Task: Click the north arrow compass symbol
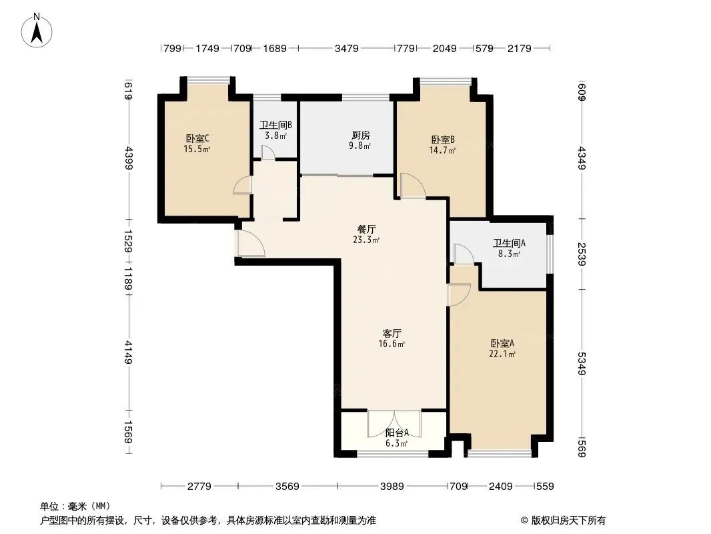tap(37, 31)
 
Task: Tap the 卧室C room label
tap(197, 138)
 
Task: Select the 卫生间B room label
tap(275, 125)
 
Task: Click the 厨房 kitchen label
tap(360, 136)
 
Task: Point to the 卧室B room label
tap(443, 140)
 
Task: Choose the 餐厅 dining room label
tap(366, 230)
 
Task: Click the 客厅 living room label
tap(392, 334)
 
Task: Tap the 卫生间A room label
tap(509, 244)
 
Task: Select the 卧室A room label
tap(502, 344)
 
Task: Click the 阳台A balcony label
tap(397, 433)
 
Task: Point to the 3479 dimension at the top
tap(346, 48)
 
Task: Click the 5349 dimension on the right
tap(582, 364)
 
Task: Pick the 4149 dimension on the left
tap(128, 352)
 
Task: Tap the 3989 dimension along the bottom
tap(392, 487)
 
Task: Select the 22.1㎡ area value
tap(502, 354)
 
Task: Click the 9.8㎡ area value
tap(360, 146)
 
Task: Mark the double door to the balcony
tap(394, 423)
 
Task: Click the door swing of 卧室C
tap(243, 186)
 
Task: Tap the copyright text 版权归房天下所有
tap(568, 521)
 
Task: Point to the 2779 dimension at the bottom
tap(199, 487)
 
